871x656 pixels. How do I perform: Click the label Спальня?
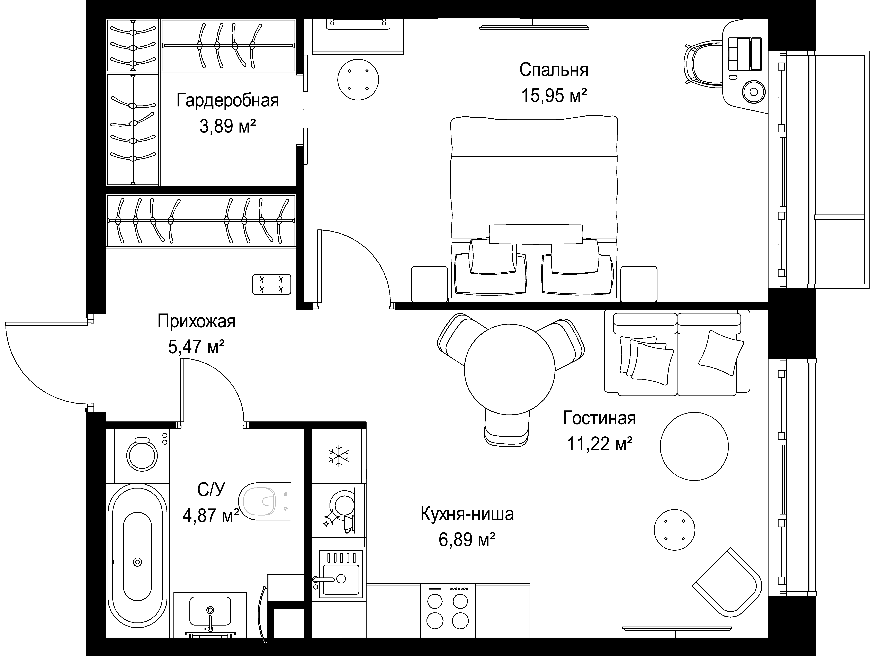tap(554, 70)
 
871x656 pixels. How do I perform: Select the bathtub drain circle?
tap(137, 562)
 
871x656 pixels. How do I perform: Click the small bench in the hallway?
tap(271, 284)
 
